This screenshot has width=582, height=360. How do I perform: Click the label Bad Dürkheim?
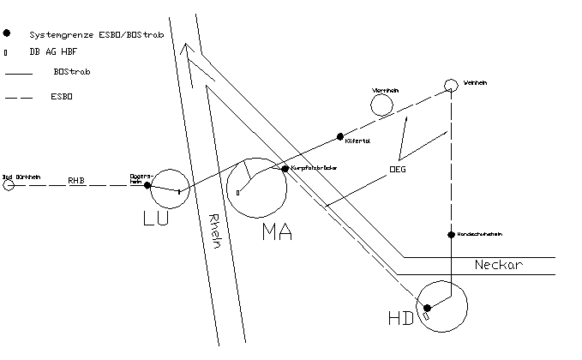[x=20, y=175]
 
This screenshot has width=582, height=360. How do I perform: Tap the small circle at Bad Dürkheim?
[x=9, y=184]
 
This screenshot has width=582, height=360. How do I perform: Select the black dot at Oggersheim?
[x=147, y=185]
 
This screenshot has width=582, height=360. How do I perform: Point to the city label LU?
[x=155, y=219]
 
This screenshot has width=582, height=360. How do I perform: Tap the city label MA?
[x=277, y=230]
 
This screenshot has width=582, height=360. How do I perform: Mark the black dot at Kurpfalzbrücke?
[x=285, y=169]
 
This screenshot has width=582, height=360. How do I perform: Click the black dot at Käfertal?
[x=340, y=136]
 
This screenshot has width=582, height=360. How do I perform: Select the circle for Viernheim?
[x=381, y=105]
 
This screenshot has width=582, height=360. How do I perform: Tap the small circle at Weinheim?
[x=450, y=85]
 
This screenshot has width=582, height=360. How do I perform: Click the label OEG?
[x=397, y=170]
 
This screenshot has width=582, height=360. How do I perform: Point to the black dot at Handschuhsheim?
[x=450, y=234]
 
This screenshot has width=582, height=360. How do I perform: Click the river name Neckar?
[x=498, y=266]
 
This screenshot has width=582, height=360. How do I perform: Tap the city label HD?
[x=400, y=319]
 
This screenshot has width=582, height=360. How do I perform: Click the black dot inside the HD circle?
[x=427, y=308]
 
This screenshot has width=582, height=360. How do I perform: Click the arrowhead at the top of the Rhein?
[x=189, y=54]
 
